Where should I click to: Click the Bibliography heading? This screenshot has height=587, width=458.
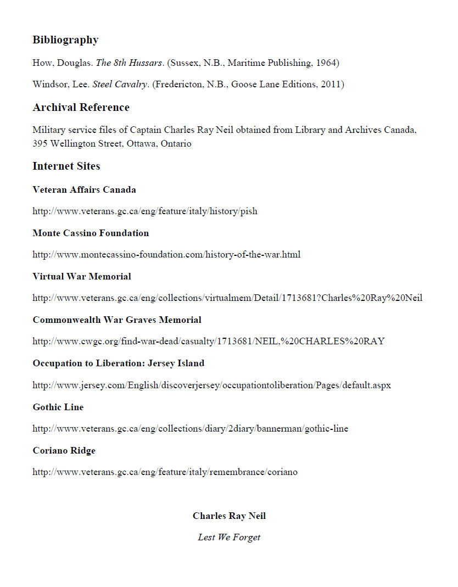click(65, 40)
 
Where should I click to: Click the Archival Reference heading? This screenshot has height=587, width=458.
click(81, 108)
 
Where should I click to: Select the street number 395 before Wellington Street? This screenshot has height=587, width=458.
click(40, 144)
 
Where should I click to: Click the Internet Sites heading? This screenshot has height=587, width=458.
click(66, 166)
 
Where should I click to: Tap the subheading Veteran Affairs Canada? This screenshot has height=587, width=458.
click(84, 190)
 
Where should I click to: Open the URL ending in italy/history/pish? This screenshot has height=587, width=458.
click(144, 211)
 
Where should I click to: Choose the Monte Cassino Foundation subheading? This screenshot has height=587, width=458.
click(91, 233)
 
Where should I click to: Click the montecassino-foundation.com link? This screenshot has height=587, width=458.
click(166, 255)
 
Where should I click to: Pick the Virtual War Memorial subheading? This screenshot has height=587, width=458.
click(82, 276)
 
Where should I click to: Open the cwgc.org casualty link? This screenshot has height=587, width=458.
click(208, 342)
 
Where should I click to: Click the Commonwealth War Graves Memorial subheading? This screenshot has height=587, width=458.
click(117, 320)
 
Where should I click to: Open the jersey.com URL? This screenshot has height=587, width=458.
click(211, 385)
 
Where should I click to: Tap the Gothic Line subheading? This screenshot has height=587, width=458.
click(58, 407)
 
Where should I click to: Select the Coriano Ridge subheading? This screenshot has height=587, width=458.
click(64, 451)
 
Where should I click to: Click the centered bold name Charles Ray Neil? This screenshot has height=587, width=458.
click(229, 516)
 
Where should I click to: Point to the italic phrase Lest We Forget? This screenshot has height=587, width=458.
click(229, 538)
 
